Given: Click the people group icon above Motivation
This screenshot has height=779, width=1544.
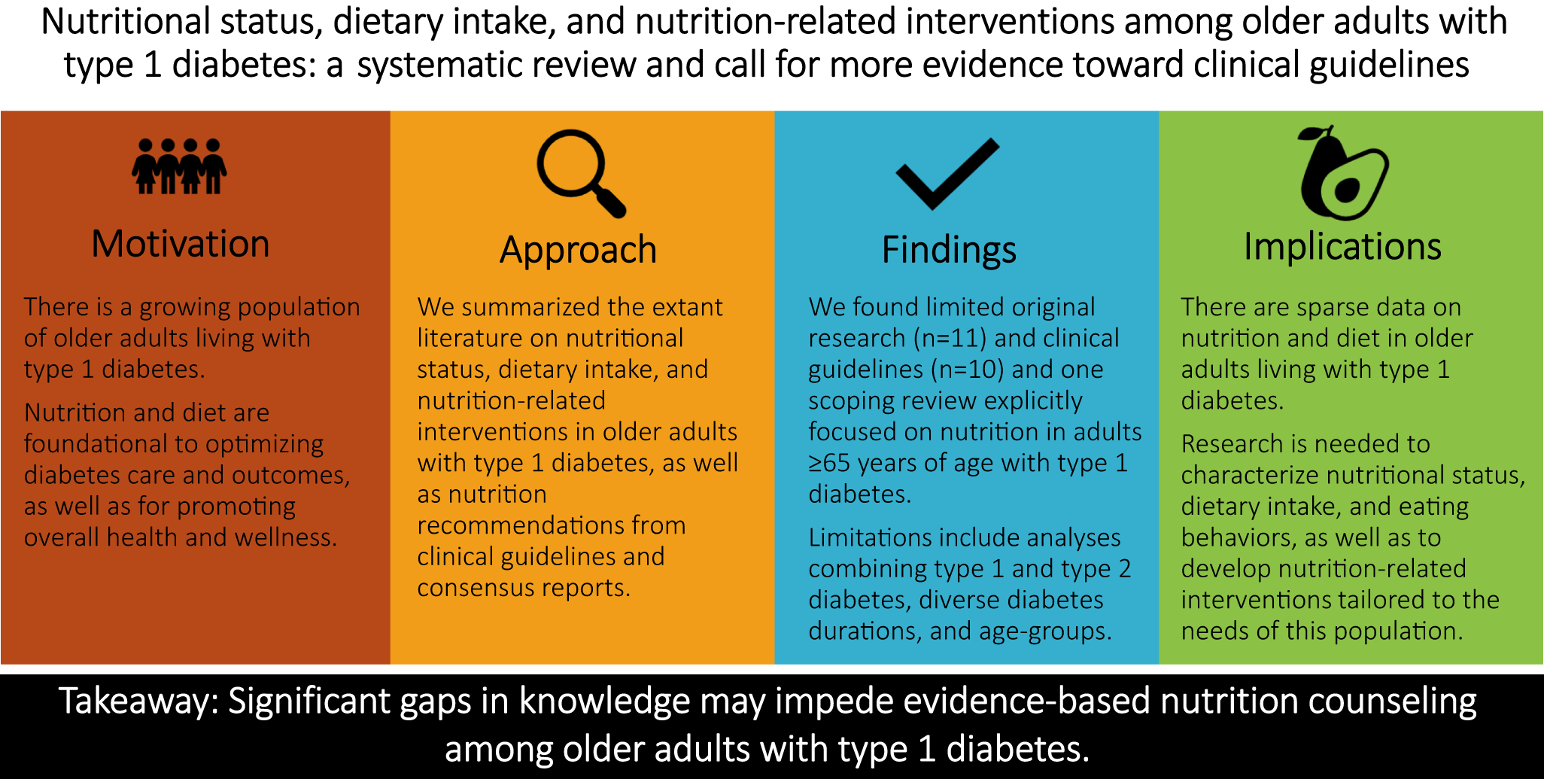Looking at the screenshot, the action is tap(180, 166).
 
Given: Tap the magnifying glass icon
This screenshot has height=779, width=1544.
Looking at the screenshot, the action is tap(580, 173).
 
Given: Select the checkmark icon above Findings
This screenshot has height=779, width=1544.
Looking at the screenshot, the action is tap(947, 173).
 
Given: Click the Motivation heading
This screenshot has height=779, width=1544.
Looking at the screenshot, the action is tap(181, 244).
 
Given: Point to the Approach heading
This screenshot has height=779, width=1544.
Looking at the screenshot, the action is tap(579, 251).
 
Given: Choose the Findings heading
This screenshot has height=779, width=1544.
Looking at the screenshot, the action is tap(949, 251).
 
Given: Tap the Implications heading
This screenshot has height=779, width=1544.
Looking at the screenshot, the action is tap(1342, 247).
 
